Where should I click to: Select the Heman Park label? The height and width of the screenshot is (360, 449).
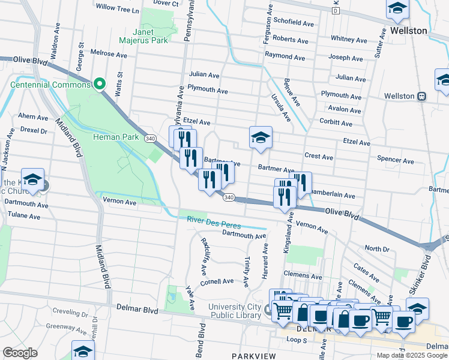point(116,137)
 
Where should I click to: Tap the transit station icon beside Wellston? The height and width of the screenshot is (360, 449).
point(422,96)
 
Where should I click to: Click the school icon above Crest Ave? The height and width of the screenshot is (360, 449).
point(261,137)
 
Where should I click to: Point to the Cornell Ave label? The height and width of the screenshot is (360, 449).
point(217,281)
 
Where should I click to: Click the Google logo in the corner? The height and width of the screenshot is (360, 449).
point(20,353)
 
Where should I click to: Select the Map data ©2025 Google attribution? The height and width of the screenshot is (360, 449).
point(412,355)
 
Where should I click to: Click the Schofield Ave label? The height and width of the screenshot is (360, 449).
point(294,23)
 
